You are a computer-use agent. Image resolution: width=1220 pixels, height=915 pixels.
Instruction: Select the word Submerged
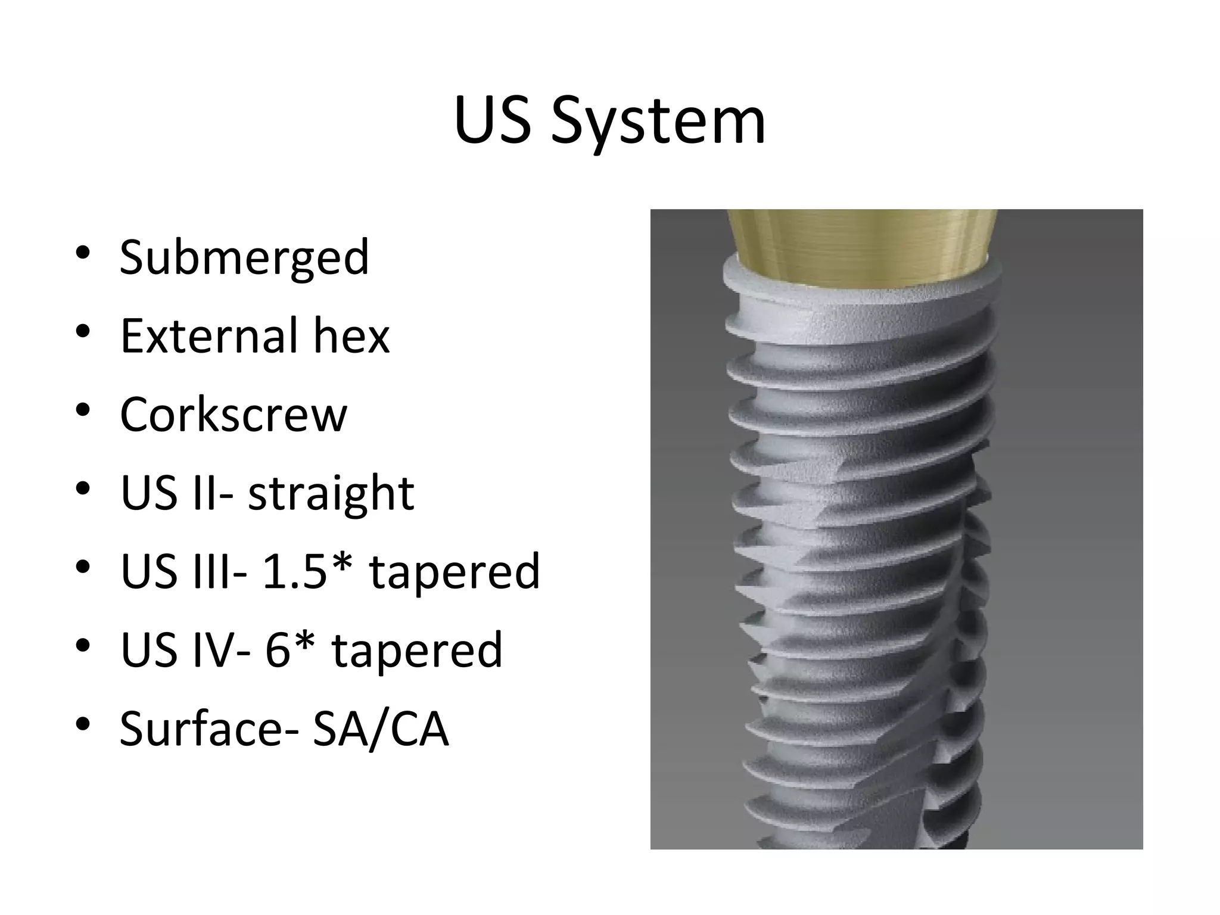coord(244,258)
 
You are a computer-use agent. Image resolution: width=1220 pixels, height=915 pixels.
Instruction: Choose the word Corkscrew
coord(233,415)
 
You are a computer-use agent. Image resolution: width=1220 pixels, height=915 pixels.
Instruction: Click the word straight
coord(331,494)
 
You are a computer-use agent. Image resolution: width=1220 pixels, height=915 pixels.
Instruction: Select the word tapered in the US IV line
coord(417,650)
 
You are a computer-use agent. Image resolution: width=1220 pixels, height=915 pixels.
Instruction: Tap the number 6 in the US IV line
coord(277,650)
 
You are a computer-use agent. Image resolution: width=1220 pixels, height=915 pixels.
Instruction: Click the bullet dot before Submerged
coord(83,253)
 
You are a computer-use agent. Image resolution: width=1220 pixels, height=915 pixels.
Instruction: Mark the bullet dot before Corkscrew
coord(83,410)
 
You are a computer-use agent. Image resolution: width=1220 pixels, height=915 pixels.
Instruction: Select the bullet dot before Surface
coord(83,724)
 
